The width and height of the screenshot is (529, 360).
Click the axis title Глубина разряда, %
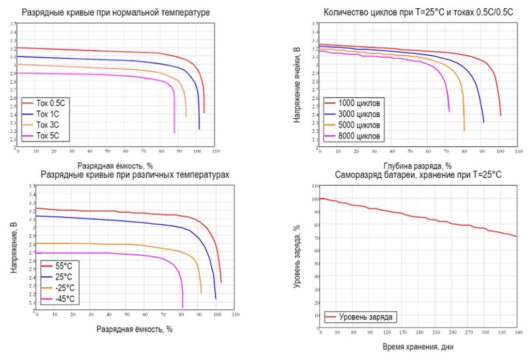(417, 166)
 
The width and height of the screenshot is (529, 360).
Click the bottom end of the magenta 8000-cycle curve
(449, 111)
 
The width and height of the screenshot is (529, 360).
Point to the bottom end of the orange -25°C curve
(201, 293)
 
